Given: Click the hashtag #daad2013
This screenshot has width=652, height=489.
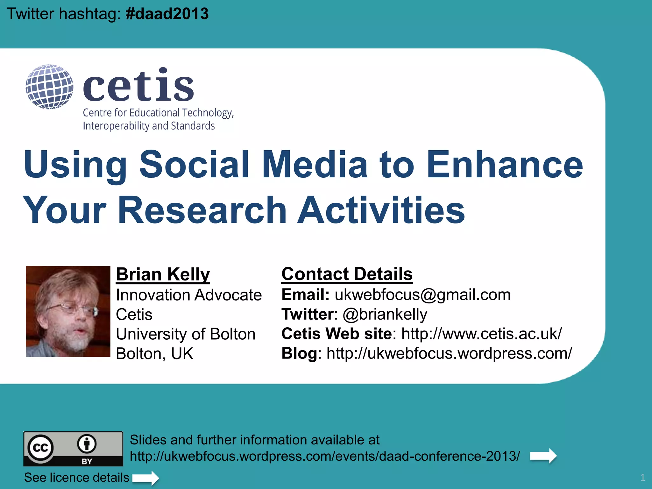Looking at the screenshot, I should pyautogui.click(x=167, y=14).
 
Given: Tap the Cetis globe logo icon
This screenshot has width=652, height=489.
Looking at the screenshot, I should pyautogui.click(x=49, y=87).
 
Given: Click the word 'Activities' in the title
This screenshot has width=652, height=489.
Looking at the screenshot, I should pyautogui.click(x=381, y=210).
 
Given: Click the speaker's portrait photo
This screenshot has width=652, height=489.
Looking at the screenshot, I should pyautogui.click(x=68, y=311).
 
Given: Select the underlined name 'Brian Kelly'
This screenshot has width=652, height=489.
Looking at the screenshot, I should pyautogui.click(x=163, y=274).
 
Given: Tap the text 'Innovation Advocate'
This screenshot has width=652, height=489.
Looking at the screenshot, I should pyautogui.click(x=189, y=295).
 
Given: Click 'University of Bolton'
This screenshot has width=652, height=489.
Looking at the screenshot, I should pyautogui.click(x=186, y=334).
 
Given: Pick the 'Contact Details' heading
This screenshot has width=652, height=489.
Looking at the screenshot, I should pyautogui.click(x=347, y=274).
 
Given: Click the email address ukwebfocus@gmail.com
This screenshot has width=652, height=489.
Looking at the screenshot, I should pyautogui.click(x=422, y=294).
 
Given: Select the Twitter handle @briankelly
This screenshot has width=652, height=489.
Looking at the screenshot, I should pyautogui.click(x=385, y=314).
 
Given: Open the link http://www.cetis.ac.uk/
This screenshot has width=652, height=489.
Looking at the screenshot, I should pyautogui.click(x=482, y=334).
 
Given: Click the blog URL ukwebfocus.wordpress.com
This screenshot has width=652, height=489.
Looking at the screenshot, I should pyautogui.click(x=449, y=353).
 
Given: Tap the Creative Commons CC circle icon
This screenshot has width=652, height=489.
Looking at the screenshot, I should pyautogui.click(x=40, y=448).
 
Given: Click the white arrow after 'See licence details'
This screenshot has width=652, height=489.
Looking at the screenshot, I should pyautogui.click(x=145, y=478).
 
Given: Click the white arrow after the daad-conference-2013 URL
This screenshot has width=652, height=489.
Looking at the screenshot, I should pyautogui.click(x=543, y=456).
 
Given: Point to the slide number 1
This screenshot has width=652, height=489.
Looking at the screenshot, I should pyautogui.click(x=642, y=478).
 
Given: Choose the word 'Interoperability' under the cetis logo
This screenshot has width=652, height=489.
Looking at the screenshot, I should pyautogui.click(x=116, y=126).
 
